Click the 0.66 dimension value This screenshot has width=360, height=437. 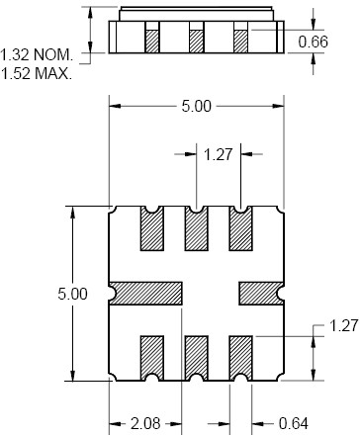pos(313,42)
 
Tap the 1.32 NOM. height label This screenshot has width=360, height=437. pos(37,54)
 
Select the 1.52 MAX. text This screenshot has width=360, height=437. pos(37,73)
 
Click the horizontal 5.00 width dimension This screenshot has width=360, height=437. pos(196,106)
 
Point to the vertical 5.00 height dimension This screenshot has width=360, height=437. pos(72,294)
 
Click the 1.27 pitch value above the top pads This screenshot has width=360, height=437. pos(219,154)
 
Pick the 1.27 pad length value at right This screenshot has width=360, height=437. pos(343,326)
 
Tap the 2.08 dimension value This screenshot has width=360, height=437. pos(145,423)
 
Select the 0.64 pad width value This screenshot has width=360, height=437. pos(294,423)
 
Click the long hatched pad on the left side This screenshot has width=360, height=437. pos(146,294)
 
